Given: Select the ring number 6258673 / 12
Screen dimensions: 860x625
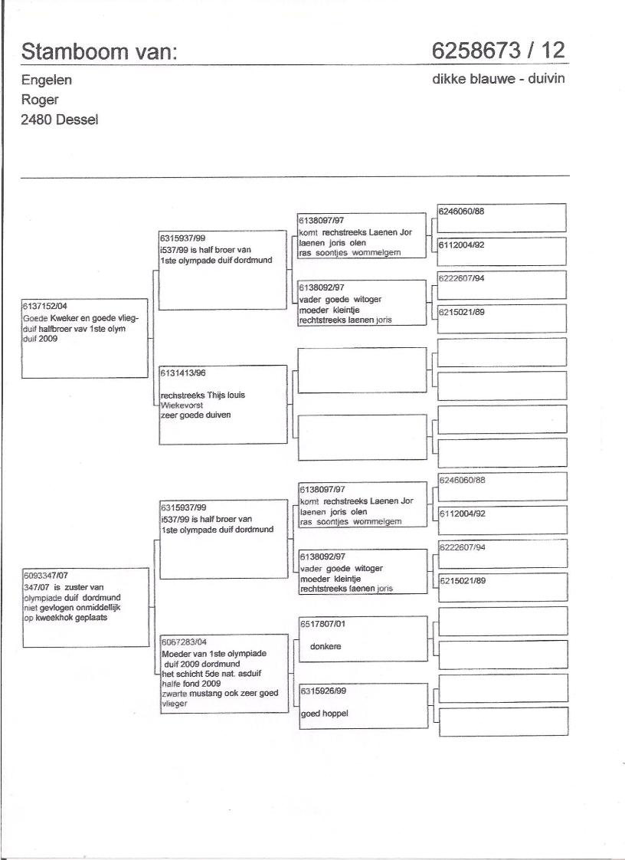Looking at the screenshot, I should (x=498, y=51).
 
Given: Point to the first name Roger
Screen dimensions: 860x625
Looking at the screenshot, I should (x=41, y=100).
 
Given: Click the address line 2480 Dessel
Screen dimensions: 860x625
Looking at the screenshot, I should (x=60, y=120).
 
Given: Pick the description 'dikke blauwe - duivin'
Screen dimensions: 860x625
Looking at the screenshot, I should (x=499, y=79).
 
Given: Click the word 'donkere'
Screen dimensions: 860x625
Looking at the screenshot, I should (x=326, y=646).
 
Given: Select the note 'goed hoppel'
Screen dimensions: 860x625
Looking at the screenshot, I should (x=325, y=713).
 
